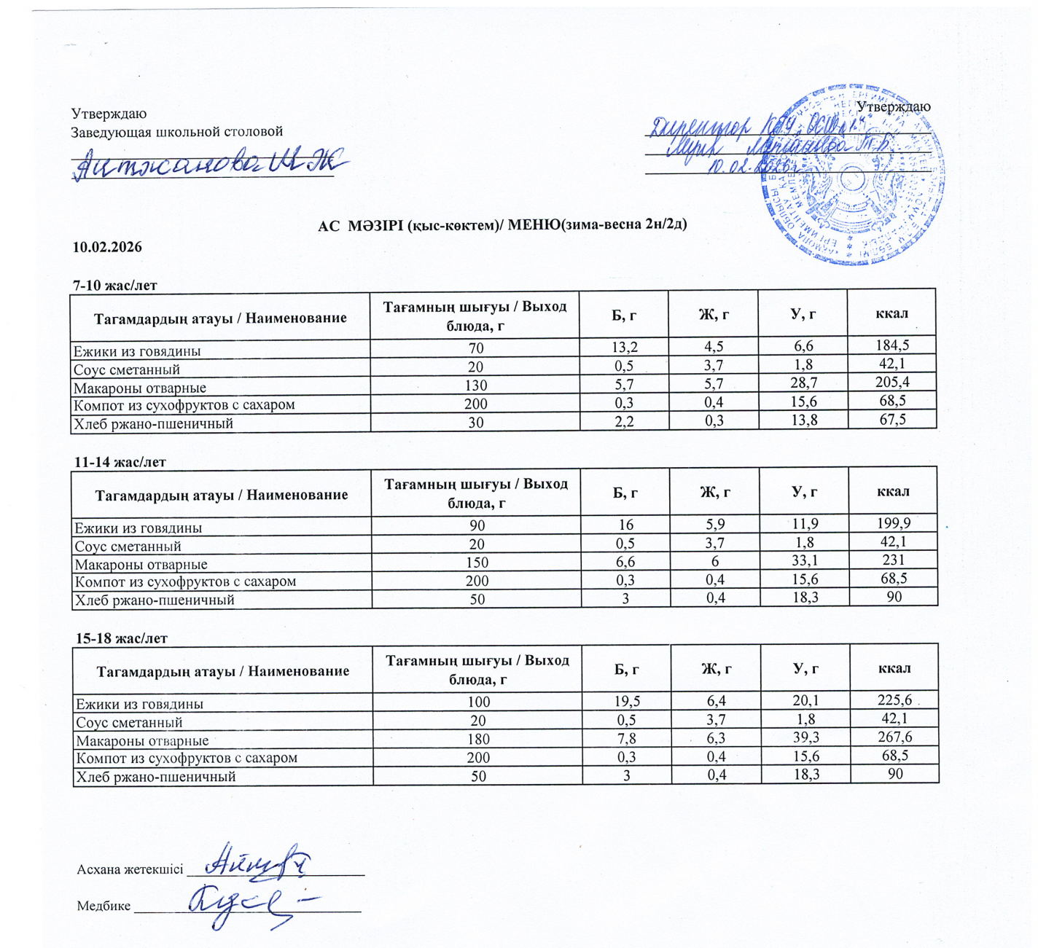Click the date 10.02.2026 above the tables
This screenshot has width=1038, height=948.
click(107, 247)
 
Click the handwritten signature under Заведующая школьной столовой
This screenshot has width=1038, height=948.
click(208, 163)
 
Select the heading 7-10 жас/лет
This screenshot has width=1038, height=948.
click(114, 285)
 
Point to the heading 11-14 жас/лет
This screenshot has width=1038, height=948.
click(120, 462)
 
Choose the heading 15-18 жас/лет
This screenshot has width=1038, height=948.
click(122, 638)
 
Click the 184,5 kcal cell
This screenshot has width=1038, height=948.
click(891, 345)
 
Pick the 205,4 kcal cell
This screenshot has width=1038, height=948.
click(891, 382)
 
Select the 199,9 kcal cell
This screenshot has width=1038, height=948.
click(893, 523)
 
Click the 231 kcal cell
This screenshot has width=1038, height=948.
click(893, 560)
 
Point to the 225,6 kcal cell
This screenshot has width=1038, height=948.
click(894, 700)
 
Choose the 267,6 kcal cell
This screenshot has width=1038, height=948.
click(894, 737)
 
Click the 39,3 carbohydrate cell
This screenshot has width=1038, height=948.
click(805, 737)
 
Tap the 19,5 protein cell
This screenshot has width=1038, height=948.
click(627, 701)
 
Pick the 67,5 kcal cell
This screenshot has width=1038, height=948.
click(891, 419)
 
